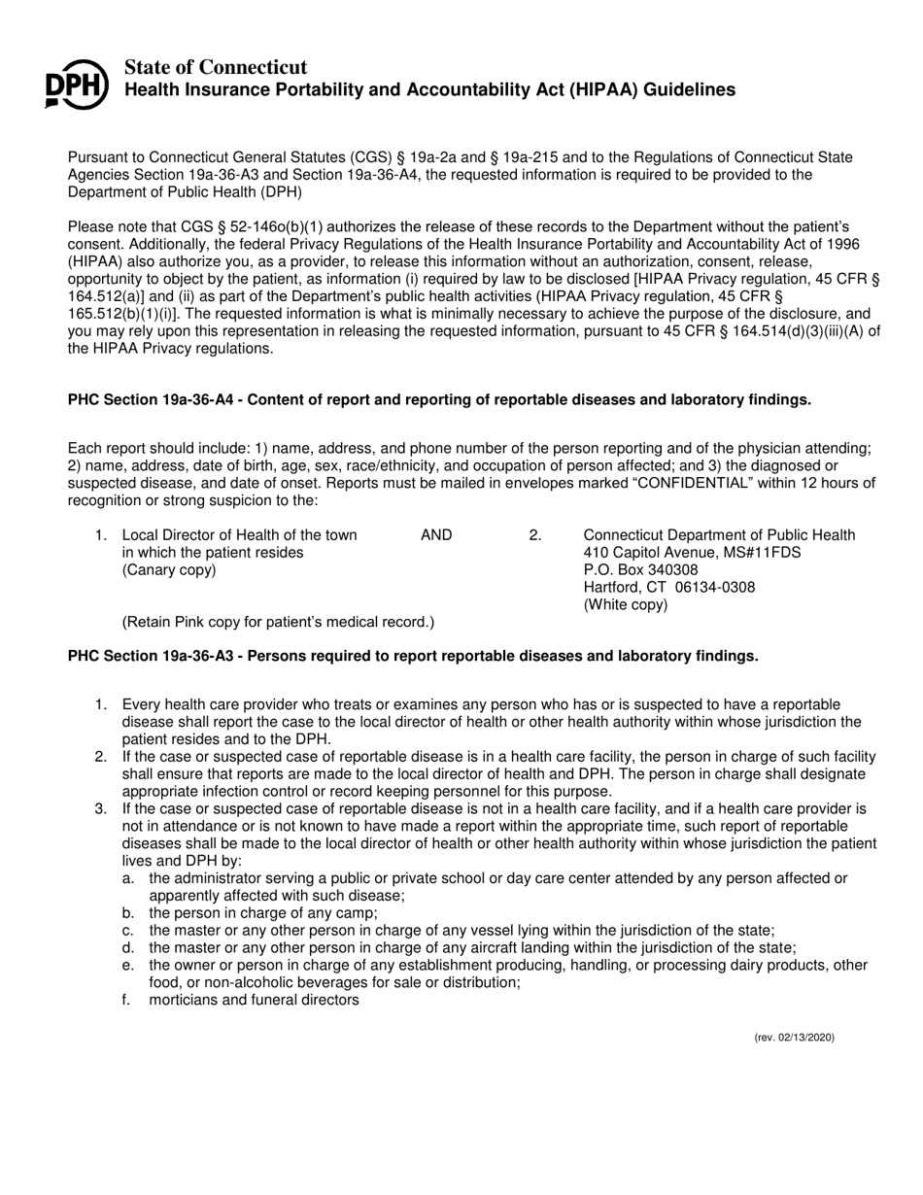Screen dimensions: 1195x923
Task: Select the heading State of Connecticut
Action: [216, 67]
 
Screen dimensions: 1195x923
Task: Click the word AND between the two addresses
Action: [436, 535]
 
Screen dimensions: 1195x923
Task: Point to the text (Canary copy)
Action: [169, 570]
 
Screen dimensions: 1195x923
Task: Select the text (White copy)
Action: [625, 604]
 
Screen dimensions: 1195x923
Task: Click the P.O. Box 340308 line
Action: [640, 570]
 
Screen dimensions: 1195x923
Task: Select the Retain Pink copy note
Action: [278, 622]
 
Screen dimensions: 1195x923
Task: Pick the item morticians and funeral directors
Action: [254, 1000]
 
